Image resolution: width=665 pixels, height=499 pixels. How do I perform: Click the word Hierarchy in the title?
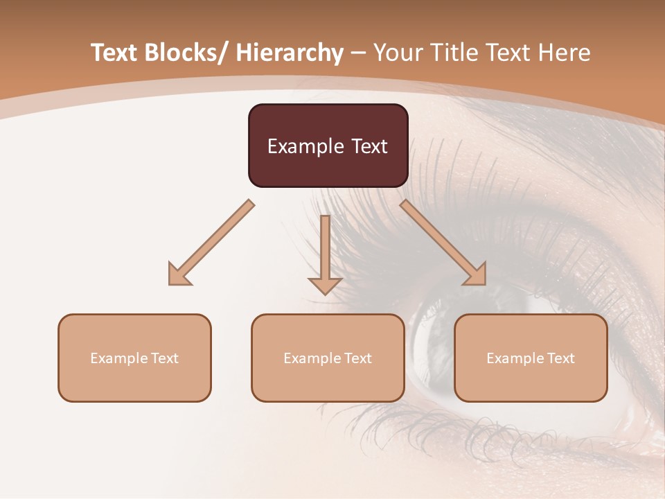[290, 53]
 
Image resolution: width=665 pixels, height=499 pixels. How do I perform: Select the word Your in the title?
[398, 53]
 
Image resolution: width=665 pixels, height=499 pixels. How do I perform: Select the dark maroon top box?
[328, 146]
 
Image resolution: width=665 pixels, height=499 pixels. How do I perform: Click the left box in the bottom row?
[134, 358]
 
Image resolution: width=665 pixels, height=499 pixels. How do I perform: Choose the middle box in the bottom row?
[328, 358]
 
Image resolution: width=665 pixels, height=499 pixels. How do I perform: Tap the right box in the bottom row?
[531, 358]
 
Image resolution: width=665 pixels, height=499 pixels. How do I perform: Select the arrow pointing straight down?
[325, 253]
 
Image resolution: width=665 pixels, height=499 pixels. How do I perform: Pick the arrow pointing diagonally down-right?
[445, 245]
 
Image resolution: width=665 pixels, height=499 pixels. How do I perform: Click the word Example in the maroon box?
[302, 146]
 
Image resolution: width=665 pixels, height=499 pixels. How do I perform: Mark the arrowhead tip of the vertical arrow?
[325, 294]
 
